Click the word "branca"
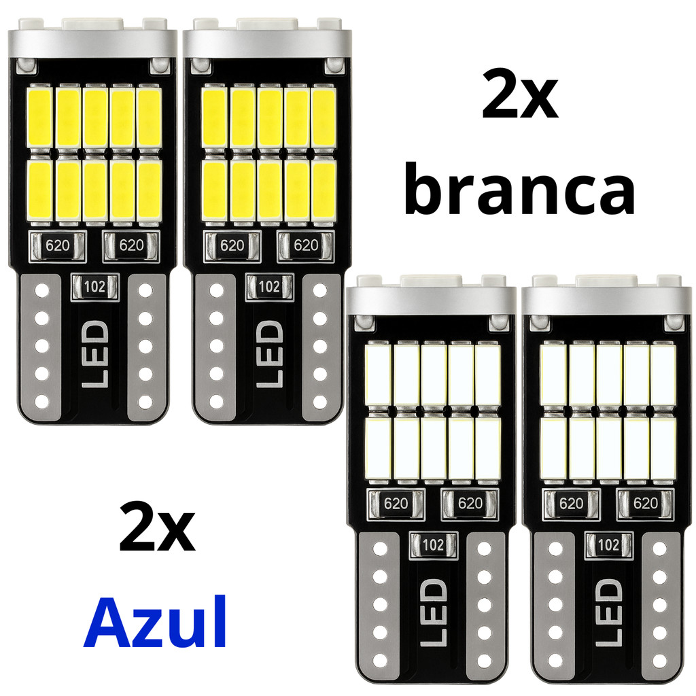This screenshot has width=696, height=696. click(519, 188)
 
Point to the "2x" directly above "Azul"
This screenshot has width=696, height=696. click(157, 527)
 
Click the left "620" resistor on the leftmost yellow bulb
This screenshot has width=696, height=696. click(58, 245)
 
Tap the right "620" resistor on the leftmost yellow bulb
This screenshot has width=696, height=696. click(131, 245)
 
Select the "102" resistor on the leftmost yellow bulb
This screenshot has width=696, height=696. click(94, 286)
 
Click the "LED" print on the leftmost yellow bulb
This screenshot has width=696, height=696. click(94, 353)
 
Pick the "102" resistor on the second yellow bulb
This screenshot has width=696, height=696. click(269, 286)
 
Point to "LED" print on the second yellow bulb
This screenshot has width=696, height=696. click(269, 353)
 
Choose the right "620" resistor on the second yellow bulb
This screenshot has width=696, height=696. click(306, 245)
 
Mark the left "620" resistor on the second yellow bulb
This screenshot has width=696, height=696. click(232, 245)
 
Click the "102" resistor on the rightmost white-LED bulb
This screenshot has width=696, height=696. click(608, 544)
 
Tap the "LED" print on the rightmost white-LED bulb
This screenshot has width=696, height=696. click(608, 612)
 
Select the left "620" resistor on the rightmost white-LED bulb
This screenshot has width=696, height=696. click(571, 504)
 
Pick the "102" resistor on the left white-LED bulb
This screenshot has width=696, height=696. click(433, 544)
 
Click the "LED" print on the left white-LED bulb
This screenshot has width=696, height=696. click(433, 612)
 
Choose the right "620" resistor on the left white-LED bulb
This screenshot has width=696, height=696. click(470, 504)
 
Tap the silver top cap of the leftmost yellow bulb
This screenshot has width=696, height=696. click(92, 40)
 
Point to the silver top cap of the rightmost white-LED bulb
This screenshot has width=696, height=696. click(607, 298)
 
